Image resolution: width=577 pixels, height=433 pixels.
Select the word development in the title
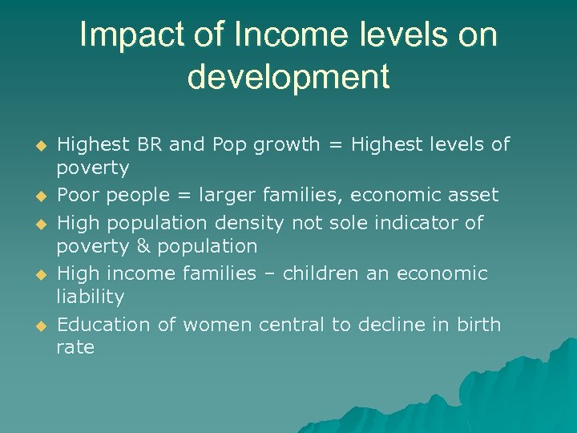(288, 77)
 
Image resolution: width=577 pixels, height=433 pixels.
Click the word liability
(91, 297)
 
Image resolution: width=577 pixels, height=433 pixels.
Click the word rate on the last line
(75, 348)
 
